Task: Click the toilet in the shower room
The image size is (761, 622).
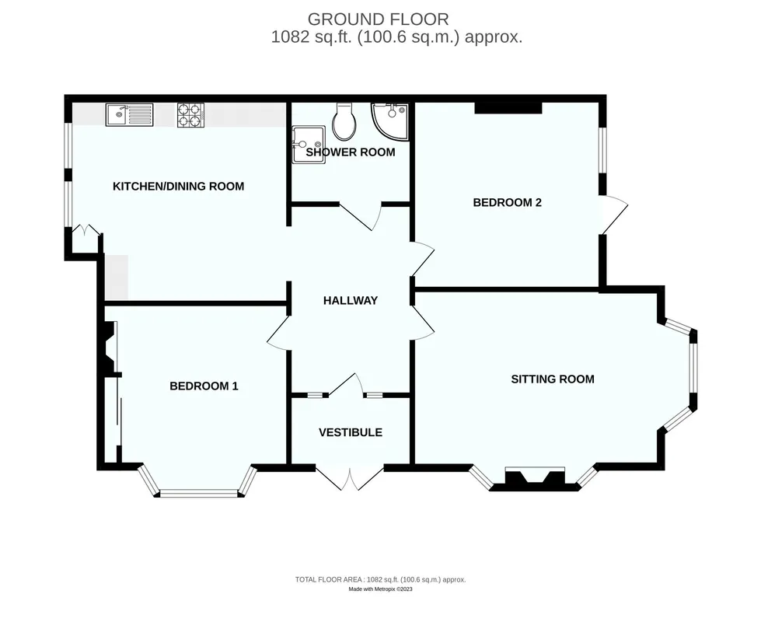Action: point(344,121)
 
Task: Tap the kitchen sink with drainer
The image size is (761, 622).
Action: point(130,115)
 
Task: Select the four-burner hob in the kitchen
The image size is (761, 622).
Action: point(190,115)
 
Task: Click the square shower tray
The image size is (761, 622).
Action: point(308,144)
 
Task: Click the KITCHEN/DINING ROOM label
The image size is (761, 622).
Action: point(179,187)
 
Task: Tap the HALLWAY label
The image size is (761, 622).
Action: point(351,301)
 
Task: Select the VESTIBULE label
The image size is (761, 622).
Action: point(351,432)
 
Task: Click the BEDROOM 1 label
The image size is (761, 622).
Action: point(204,386)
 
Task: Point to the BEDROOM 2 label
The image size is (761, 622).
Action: point(507,202)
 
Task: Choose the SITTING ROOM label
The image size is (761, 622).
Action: point(553,379)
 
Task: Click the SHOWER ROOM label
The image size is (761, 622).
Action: point(351,152)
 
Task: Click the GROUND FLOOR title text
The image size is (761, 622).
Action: point(378,19)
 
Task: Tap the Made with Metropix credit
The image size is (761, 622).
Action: point(381,589)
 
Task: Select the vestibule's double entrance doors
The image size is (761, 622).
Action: point(350,478)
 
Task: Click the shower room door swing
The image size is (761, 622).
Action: point(361,217)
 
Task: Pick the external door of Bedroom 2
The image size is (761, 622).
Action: point(614,214)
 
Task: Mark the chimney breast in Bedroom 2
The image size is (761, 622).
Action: point(508,108)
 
